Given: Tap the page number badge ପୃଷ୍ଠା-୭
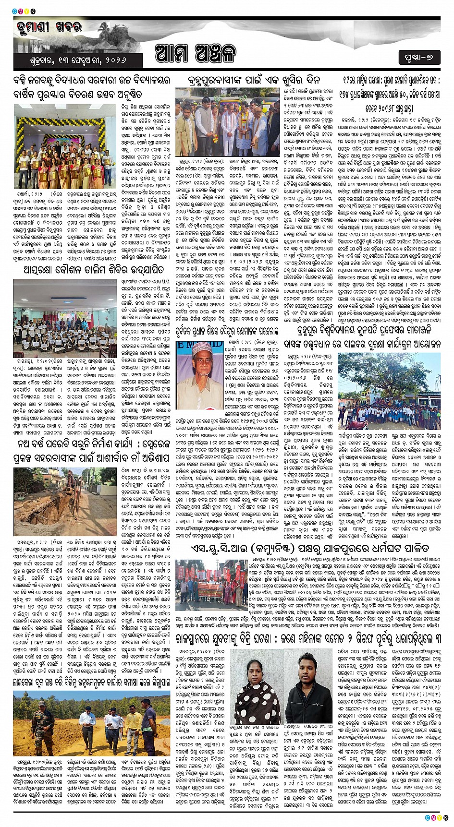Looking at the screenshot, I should coord(419,58).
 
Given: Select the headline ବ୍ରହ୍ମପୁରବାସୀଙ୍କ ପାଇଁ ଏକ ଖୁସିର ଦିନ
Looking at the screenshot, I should coord(253,80).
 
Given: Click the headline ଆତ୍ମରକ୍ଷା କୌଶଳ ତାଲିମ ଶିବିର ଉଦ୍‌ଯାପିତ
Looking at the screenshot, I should coord(93,270).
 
